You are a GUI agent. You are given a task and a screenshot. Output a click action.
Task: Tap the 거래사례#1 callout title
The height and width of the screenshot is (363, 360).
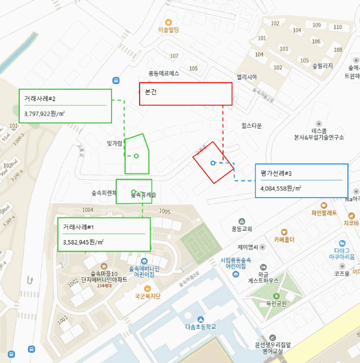[78, 227]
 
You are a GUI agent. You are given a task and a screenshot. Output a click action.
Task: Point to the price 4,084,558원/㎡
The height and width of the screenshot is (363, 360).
[281, 188]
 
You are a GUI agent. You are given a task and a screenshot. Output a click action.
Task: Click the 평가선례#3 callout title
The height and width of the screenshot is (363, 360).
[276, 173]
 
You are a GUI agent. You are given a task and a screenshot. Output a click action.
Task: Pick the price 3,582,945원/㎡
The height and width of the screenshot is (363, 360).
[83, 242]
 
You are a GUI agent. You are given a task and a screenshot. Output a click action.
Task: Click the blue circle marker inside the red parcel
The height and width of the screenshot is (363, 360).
[213, 163]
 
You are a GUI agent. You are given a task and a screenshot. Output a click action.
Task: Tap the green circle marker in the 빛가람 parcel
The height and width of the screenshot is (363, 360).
[136, 156]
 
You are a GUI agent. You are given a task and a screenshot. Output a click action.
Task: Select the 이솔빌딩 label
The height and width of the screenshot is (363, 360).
[168, 30]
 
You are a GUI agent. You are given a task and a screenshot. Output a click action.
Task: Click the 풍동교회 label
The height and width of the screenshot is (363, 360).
[242, 229]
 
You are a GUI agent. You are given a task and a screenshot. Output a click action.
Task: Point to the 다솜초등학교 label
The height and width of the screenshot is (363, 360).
[200, 327]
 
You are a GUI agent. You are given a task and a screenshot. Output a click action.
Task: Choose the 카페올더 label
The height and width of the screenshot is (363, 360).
[284, 240]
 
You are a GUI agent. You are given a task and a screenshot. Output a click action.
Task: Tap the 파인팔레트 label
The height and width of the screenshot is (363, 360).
[324, 213]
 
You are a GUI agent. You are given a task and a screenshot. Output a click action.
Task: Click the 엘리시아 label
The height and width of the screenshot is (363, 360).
[247, 77]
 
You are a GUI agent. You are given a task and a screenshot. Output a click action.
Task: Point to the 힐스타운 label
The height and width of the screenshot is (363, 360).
[252, 126]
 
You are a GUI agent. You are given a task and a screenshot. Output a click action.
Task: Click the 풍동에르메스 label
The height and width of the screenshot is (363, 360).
[164, 73]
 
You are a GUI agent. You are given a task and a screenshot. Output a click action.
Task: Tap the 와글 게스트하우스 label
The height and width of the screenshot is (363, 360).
[263, 276]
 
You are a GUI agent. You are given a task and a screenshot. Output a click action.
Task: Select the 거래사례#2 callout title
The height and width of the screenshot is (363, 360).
[40, 98]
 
